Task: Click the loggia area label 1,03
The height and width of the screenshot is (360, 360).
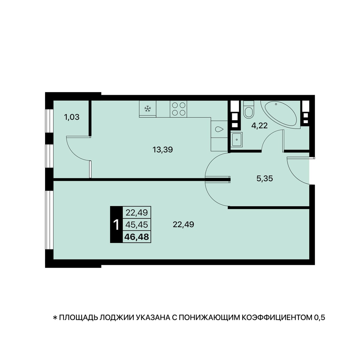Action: click(x=72, y=117)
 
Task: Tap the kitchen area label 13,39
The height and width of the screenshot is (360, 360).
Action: click(x=163, y=150)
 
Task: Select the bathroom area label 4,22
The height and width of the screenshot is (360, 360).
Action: click(x=259, y=126)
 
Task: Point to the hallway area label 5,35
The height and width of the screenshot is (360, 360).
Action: click(x=265, y=179)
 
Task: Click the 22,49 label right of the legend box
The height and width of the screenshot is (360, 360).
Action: click(x=183, y=224)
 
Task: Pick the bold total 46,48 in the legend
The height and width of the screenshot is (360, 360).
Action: click(x=137, y=237)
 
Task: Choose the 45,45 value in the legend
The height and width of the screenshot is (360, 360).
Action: click(x=137, y=225)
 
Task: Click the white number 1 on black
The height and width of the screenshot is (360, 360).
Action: click(x=116, y=225)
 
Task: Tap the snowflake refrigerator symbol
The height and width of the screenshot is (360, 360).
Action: click(x=148, y=109)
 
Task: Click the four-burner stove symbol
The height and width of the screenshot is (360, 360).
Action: click(x=178, y=109)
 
